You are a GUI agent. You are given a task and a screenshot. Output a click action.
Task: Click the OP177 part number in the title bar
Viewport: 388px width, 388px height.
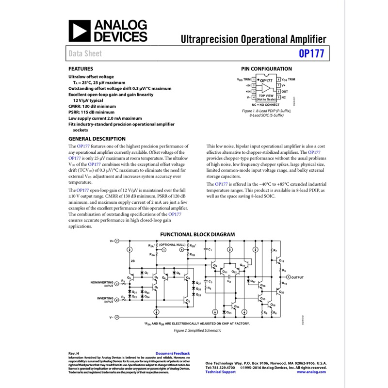pyautogui.click(x=311, y=54)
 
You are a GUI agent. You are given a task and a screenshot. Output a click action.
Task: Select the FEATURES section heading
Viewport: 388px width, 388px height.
pyautogui.click(x=81, y=69)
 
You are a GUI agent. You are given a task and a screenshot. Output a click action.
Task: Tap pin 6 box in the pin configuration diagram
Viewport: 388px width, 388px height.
pyautogui.click(x=278, y=91)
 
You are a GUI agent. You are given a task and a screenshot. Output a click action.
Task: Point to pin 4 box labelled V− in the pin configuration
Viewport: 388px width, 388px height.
pyautogui.click(x=254, y=97)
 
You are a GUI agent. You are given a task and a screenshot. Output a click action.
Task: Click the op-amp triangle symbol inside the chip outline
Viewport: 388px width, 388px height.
pyautogui.click(x=266, y=88)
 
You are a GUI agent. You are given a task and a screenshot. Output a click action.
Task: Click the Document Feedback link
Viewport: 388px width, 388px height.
pyautogui.click(x=173, y=354)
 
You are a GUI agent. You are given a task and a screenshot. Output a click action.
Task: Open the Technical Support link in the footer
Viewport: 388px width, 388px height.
pyautogui.click(x=221, y=372)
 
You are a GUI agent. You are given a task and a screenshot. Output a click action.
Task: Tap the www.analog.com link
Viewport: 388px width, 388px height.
pyautogui.click(x=311, y=372)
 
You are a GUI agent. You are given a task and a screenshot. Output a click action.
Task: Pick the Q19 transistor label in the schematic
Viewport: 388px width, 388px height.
pyautogui.click(x=282, y=261)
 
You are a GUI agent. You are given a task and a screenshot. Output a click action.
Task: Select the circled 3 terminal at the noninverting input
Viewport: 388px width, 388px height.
pyautogui.click(x=116, y=285)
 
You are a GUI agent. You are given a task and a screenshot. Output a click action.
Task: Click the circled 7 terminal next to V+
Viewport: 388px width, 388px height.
pyautogui.click(x=116, y=241)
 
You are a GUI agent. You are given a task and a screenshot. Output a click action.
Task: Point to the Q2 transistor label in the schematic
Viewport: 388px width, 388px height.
pyautogui.click(x=187, y=301)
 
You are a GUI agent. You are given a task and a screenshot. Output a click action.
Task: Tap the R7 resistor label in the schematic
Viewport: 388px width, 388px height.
pyautogui.click(x=275, y=251)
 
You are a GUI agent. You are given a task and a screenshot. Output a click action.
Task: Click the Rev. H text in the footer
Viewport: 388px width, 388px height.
pyautogui.click(x=74, y=354)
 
